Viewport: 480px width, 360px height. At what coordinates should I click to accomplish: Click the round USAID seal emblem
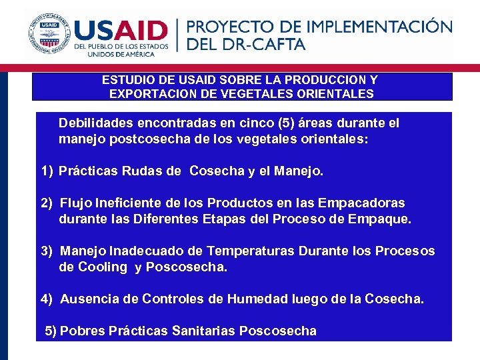[48, 33]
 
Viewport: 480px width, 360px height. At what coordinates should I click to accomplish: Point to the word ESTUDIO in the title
[127, 80]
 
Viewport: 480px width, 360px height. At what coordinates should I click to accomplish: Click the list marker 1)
[47, 171]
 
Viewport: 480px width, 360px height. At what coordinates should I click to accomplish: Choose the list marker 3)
[47, 251]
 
